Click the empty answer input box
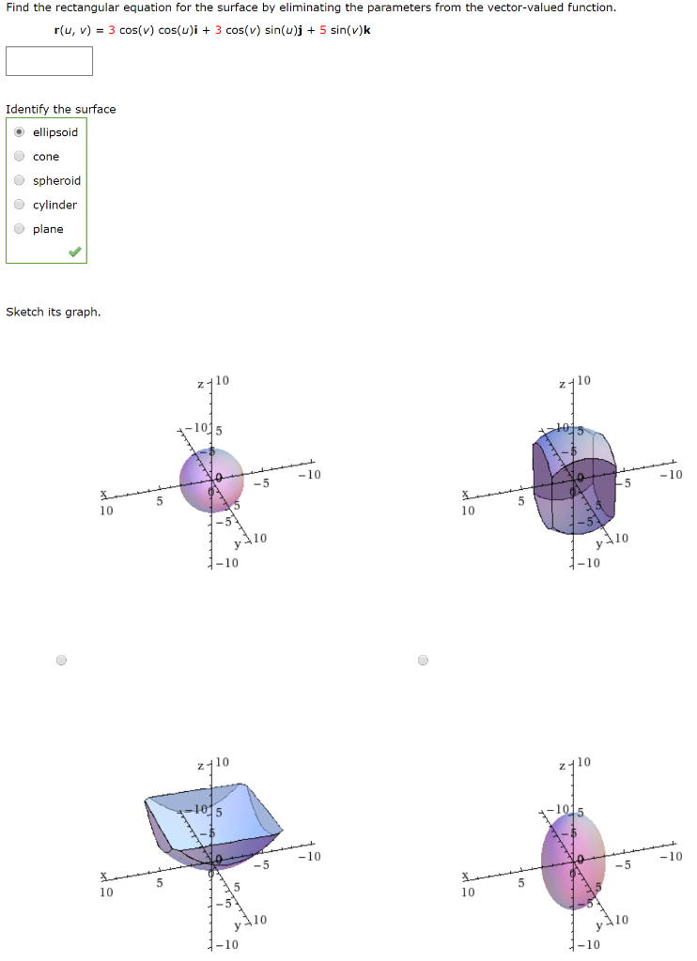coord(49,61)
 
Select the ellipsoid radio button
coord(19,132)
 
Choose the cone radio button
coord(19,157)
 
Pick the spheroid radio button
coord(19,181)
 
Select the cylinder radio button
coord(19,206)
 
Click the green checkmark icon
coord(74,252)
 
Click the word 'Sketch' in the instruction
coord(24,312)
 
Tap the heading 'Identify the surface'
coord(61,109)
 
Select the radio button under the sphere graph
coord(61,660)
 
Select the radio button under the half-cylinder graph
coord(423,660)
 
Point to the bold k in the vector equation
coord(366,29)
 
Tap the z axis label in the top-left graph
coord(201,385)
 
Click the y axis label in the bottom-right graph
coord(599,927)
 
